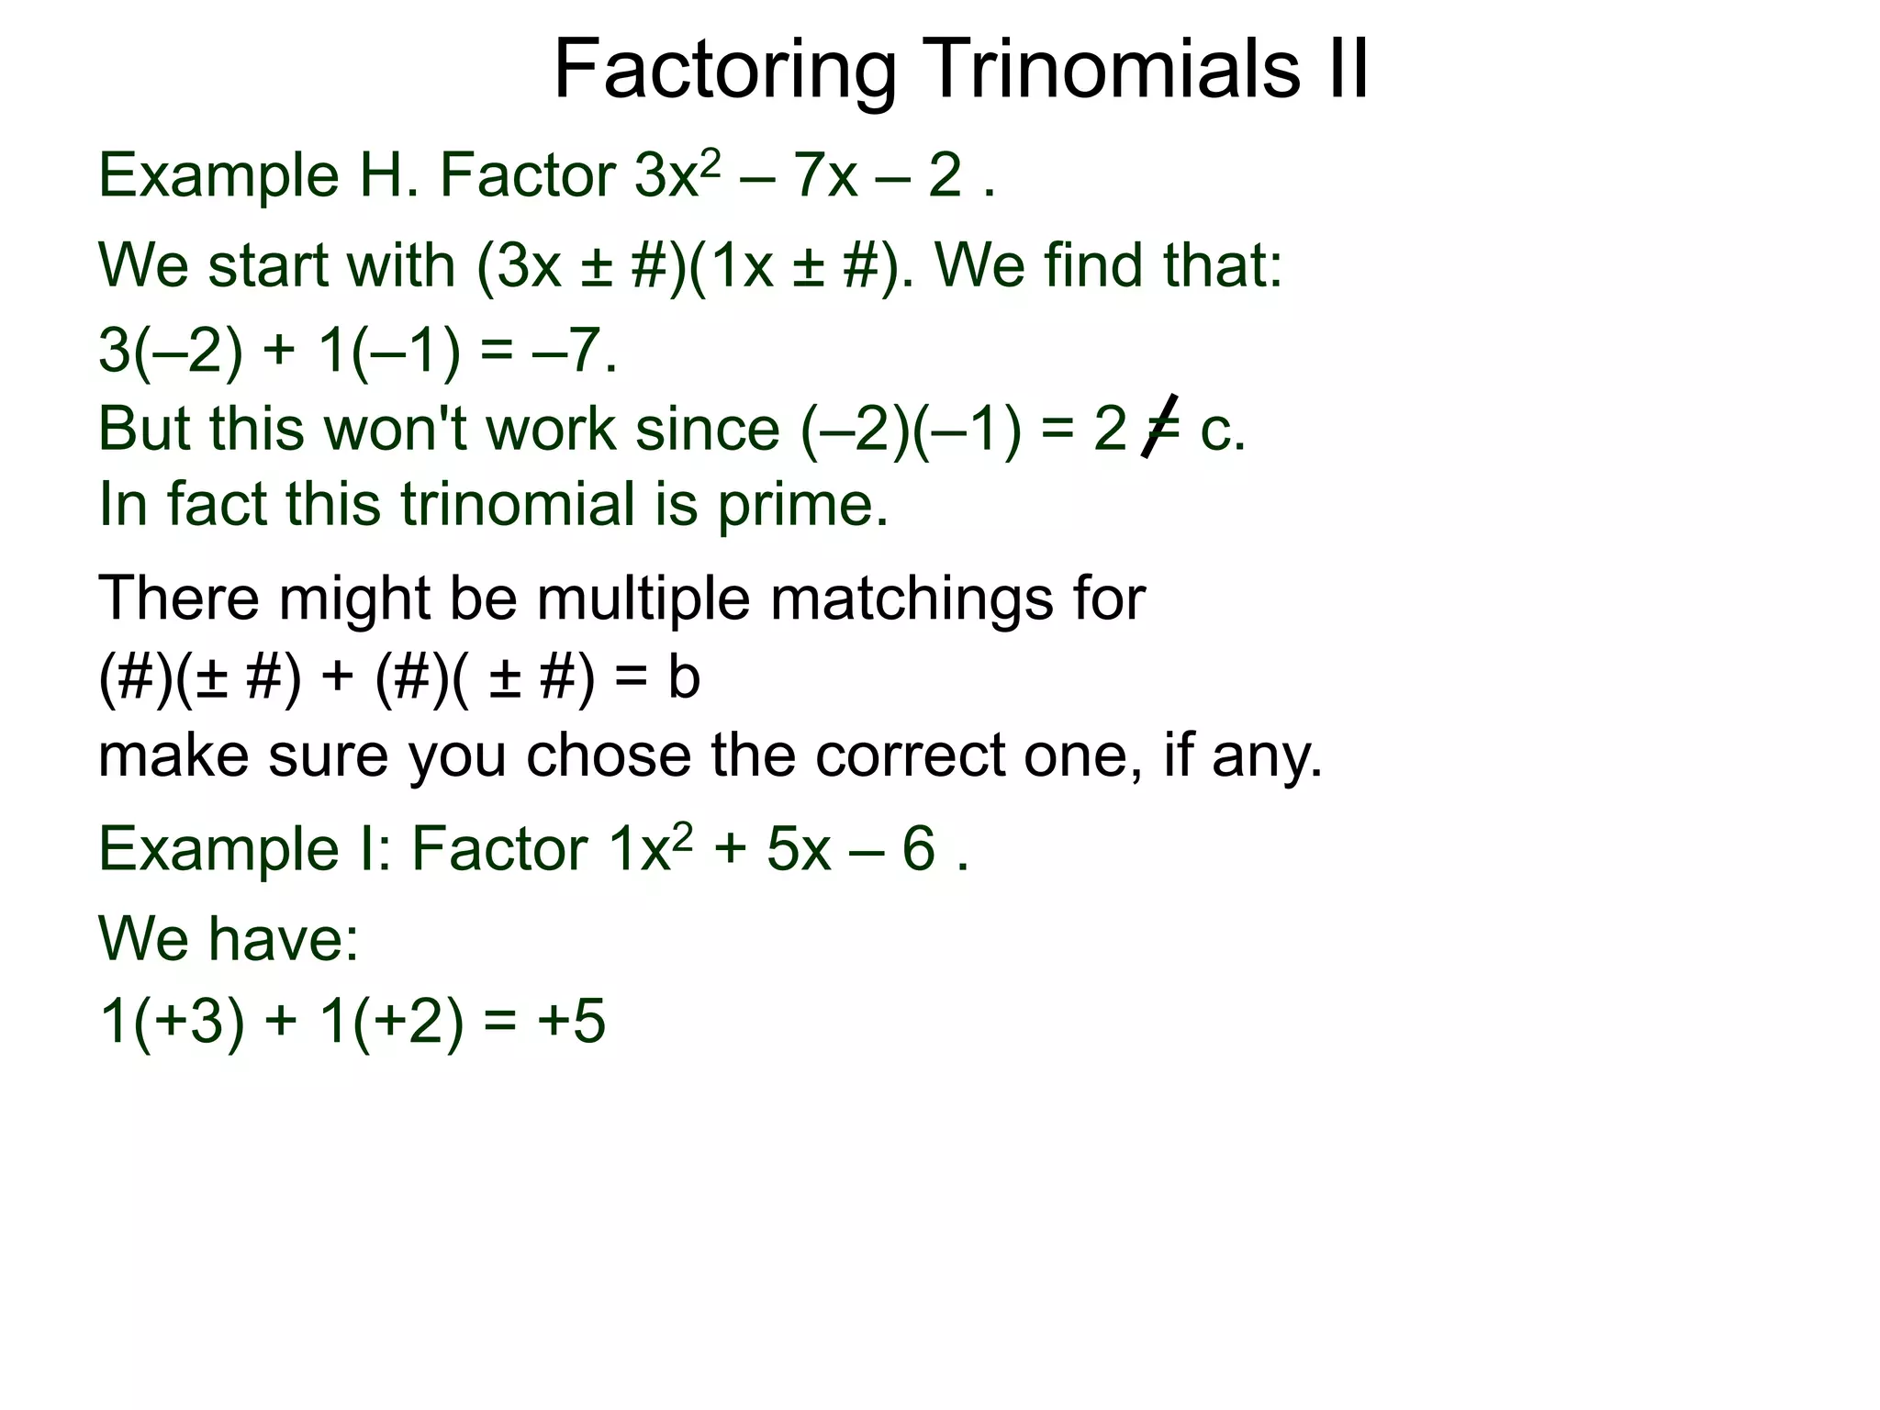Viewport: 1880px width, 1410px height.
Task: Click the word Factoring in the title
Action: [x=725, y=72]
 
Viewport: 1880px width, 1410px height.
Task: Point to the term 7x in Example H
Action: [x=826, y=175]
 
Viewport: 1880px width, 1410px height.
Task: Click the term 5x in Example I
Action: [x=799, y=848]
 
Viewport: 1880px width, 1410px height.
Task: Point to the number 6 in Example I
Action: [x=919, y=848]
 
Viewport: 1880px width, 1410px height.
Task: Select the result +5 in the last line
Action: [x=572, y=1021]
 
